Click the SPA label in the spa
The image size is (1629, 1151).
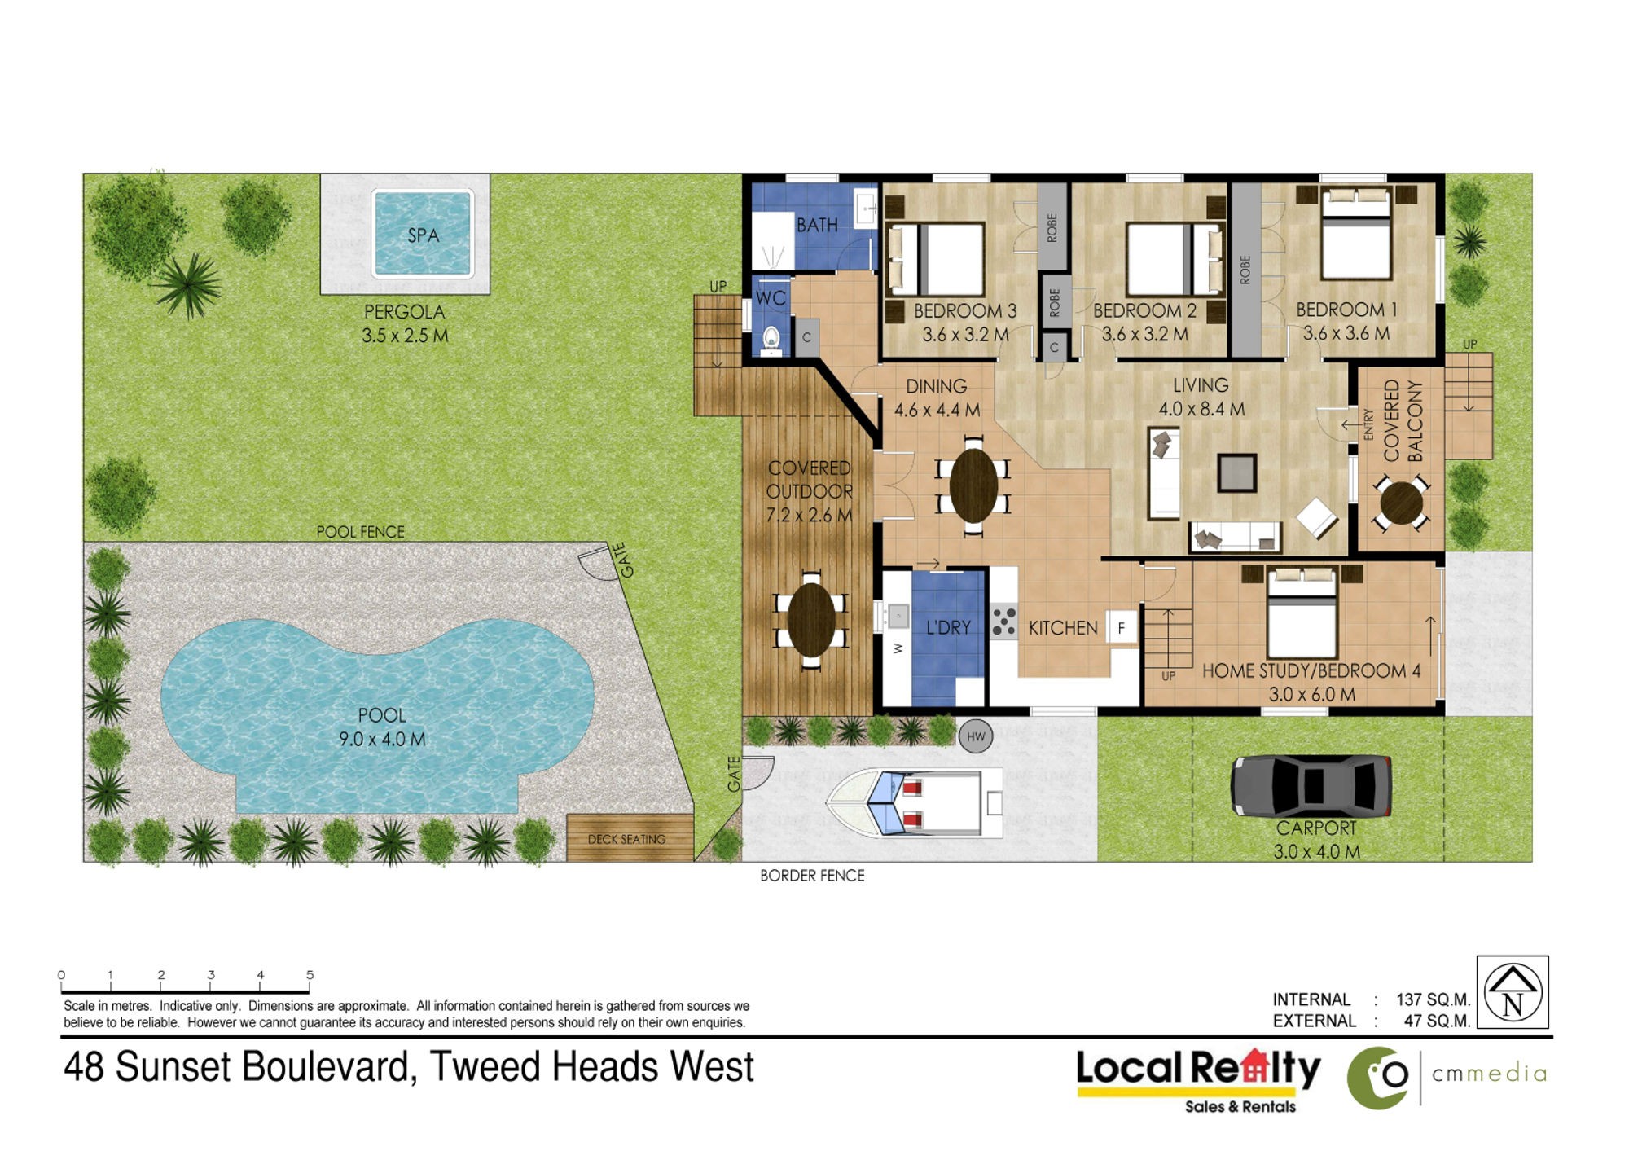point(423,235)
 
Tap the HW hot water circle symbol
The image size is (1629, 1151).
point(976,736)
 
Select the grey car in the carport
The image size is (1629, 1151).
point(1311,786)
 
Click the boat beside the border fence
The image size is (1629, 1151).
point(915,802)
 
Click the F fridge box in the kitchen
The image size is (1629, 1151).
point(1122,628)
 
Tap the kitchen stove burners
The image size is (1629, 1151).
point(1003,622)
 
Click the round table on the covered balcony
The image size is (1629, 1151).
point(1401,503)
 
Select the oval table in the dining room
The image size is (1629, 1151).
point(973,485)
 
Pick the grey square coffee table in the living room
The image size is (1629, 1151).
point(1236,473)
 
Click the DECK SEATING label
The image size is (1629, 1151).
point(626,839)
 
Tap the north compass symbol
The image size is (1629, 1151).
point(1512,992)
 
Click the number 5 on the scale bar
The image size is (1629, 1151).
point(310,975)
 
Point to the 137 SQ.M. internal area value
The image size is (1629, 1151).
point(1433,999)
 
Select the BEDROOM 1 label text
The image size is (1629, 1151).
point(1346,310)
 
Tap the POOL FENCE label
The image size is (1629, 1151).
point(360,532)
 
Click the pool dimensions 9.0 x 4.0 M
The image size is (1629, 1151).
point(382,739)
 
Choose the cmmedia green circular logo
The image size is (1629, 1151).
point(1377,1077)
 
